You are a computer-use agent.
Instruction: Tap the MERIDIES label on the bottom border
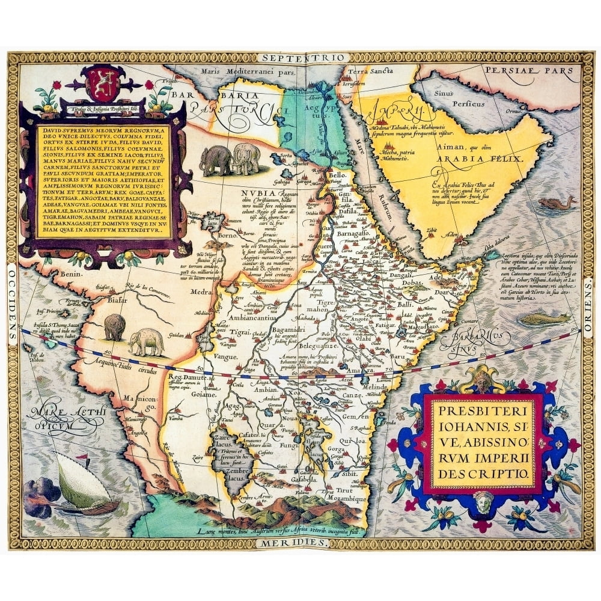[x=295, y=542]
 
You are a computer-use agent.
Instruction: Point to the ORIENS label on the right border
[x=587, y=300]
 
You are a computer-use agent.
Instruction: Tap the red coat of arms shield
[x=96, y=84]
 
